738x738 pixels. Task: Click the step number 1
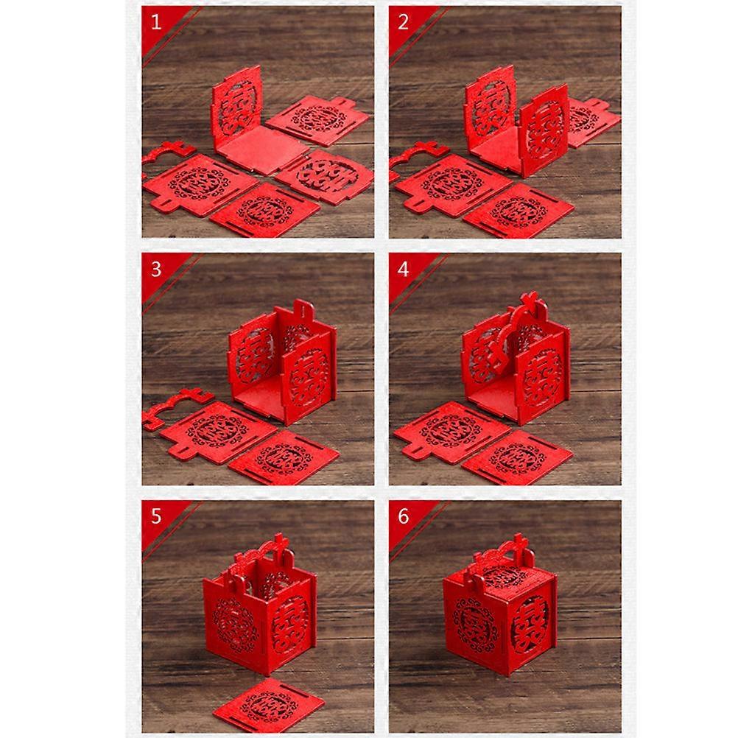[x=156, y=22]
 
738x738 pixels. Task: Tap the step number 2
[x=403, y=22]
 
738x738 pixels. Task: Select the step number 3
[x=156, y=270]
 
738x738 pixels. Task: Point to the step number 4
[x=403, y=270]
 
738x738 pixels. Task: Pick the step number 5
[x=156, y=516]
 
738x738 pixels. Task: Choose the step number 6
[x=404, y=516]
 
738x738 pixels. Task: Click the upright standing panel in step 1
[x=236, y=108]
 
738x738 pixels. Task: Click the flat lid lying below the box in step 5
[x=269, y=705]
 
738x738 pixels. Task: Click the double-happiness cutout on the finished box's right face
[x=530, y=622]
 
